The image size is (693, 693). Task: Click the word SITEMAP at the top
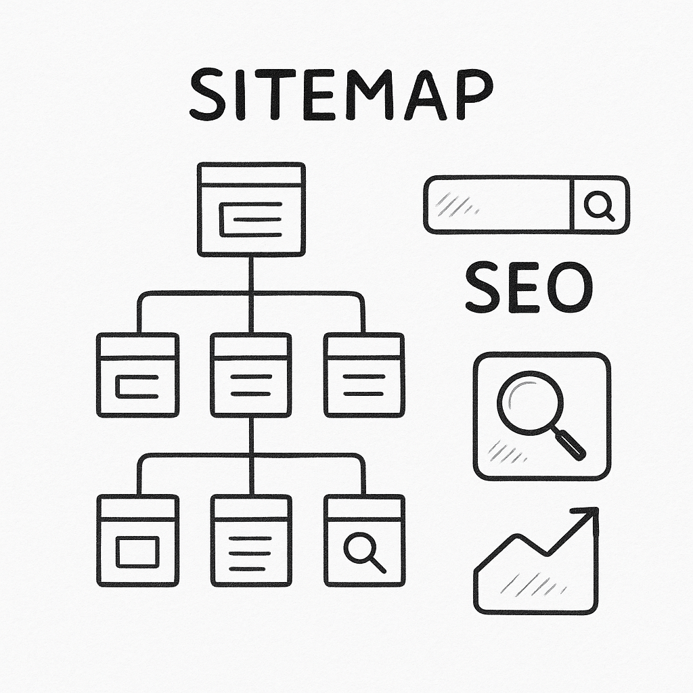pyautogui.click(x=341, y=94)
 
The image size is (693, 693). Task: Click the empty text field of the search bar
pyautogui.click(x=498, y=204)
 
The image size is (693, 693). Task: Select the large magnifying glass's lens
pyautogui.click(x=531, y=403)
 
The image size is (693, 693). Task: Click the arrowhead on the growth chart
pyautogui.click(x=588, y=517)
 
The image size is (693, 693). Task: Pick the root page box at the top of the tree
pyautogui.click(x=251, y=210)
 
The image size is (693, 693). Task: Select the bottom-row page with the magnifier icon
pyautogui.click(x=365, y=541)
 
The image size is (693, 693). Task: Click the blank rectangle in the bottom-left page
pyautogui.click(x=137, y=552)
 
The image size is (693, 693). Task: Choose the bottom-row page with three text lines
pyautogui.click(x=251, y=541)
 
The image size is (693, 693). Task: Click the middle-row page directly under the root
pyautogui.click(x=251, y=375)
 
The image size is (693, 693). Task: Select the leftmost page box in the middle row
pyautogui.click(x=138, y=375)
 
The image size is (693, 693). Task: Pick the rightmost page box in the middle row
pyautogui.click(x=365, y=375)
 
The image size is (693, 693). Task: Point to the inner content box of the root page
pyautogui.click(x=250, y=219)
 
